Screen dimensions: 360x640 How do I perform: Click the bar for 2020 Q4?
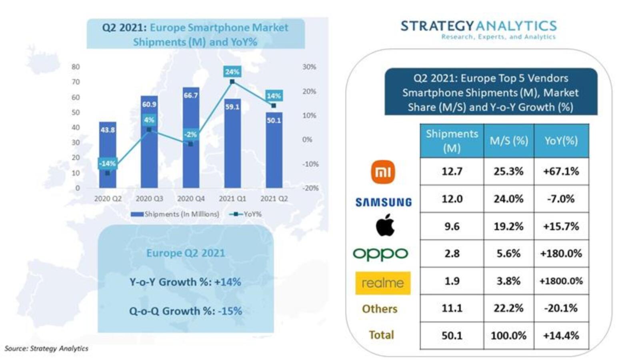tap(191, 152)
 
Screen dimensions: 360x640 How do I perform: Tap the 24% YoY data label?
tap(232, 72)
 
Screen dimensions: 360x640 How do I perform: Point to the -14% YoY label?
tap(107, 163)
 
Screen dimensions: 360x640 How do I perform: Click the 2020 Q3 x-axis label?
tap(149, 198)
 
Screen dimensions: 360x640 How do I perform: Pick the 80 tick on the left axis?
tap(76, 67)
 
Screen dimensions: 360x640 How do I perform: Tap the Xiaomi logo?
tap(383, 172)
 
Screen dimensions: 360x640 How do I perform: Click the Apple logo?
tap(385, 225)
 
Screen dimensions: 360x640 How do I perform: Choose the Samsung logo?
tap(384, 202)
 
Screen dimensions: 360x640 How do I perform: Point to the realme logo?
tap(383, 283)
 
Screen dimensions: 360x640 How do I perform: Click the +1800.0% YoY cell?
tap(561, 281)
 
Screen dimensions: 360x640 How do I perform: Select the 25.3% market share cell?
tap(508, 172)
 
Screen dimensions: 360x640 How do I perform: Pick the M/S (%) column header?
tap(509, 141)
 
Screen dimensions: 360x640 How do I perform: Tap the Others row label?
tap(380, 309)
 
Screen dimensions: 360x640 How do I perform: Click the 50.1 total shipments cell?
tap(452, 335)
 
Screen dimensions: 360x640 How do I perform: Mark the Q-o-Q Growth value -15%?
tap(230, 311)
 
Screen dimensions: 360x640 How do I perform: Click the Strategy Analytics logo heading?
tap(478, 26)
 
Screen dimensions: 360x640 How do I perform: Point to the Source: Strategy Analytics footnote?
tap(46, 348)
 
